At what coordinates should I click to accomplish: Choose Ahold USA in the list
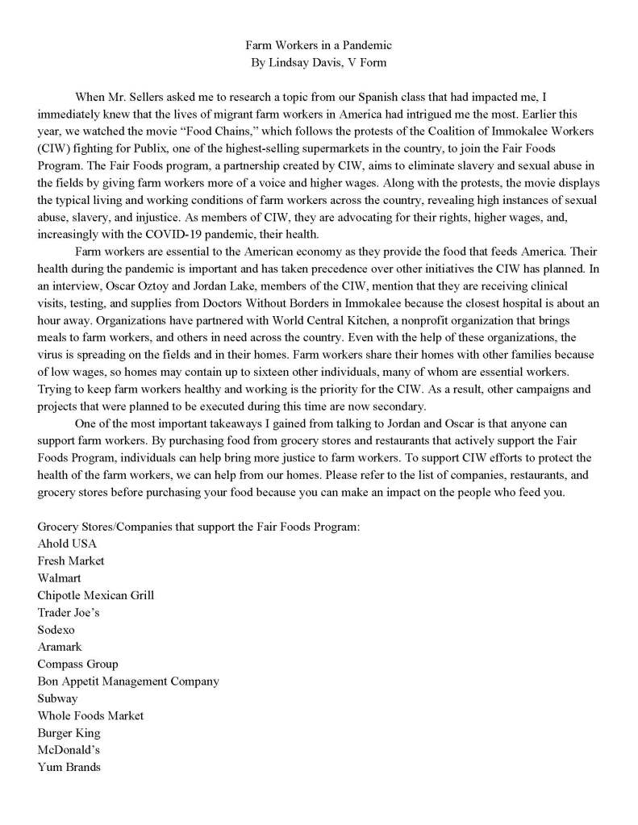click(67, 544)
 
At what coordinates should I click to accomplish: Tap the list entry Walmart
click(59, 578)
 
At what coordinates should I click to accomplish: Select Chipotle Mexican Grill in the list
click(95, 595)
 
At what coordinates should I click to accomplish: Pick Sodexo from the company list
click(56, 630)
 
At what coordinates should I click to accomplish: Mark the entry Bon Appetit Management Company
click(128, 681)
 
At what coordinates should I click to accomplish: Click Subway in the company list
click(57, 698)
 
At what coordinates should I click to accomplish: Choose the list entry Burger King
click(69, 733)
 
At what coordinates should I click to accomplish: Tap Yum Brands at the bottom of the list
click(69, 767)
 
